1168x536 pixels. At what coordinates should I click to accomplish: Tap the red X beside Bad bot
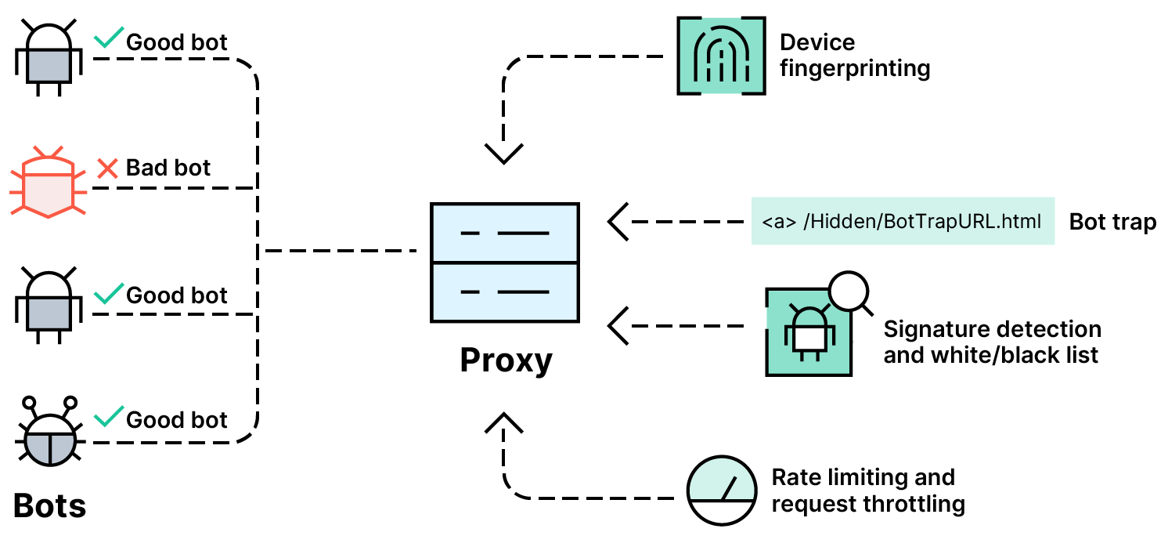tap(106, 168)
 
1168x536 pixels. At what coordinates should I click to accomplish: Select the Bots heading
tap(49, 505)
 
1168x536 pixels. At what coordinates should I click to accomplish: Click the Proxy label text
tap(506, 360)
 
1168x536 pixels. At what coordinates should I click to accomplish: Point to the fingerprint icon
tap(719, 56)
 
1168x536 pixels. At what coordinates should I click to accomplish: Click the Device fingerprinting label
tap(854, 55)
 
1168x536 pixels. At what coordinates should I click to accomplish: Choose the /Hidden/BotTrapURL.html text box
tap(902, 222)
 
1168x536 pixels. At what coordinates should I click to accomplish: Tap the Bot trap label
tap(1112, 222)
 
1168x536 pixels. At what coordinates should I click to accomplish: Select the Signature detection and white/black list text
tap(992, 342)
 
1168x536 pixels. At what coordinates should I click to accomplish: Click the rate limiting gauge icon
tap(721, 489)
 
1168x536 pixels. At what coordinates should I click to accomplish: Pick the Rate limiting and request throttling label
tap(867, 490)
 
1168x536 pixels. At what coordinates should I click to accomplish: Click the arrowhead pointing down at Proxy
tap(503, 153)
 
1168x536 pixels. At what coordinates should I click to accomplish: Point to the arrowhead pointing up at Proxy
tap(503, 423)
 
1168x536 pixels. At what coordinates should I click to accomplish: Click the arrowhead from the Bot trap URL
tap(619, 222)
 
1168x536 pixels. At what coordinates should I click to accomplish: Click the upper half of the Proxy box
tap(505, 233)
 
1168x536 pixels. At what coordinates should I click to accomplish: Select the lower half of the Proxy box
tap(505, 292)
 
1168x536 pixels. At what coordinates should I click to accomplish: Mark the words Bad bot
tap(168, 168)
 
